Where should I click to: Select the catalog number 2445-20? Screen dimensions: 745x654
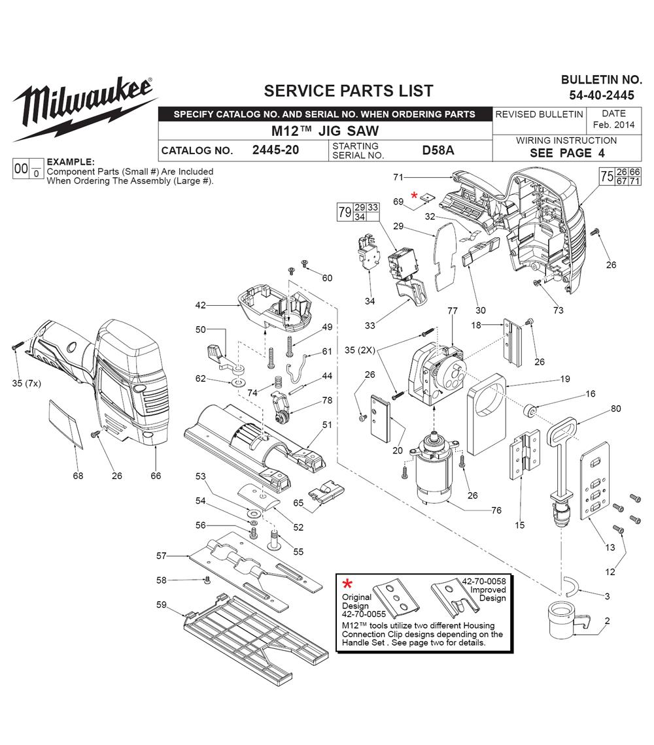point(275,150)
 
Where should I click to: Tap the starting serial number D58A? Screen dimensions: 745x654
point(438,150)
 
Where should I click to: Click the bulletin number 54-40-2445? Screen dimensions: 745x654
point(601,95)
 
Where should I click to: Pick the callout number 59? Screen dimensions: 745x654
point(162,604)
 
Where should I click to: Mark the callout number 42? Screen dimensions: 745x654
point(201,305)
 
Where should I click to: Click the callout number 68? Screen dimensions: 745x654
point(78,476)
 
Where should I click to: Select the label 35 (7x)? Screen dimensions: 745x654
point(26,384)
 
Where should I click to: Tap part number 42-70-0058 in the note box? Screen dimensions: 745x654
point(484,580)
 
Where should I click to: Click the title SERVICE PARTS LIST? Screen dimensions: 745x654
point(348,90)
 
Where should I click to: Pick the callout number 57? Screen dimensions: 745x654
point(162,555)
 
